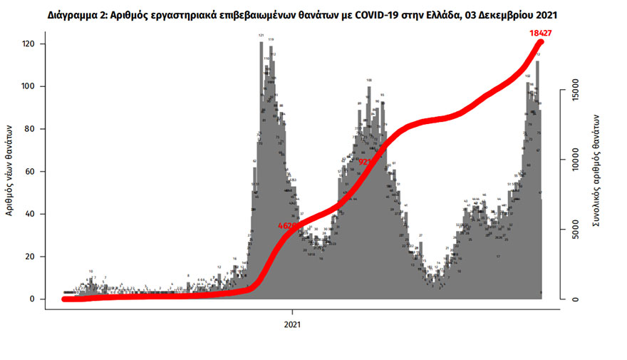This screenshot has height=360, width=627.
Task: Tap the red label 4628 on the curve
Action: click(290, 225)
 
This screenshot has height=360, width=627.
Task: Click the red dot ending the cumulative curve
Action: click(541, 43)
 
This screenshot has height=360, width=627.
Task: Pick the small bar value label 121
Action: click(261, 35)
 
